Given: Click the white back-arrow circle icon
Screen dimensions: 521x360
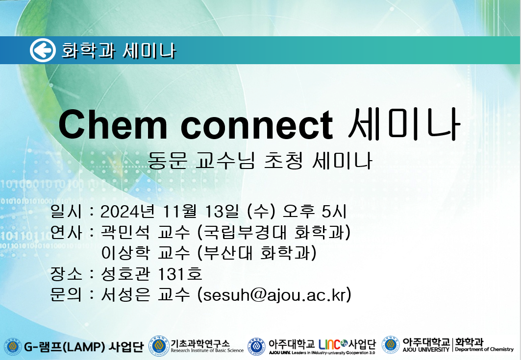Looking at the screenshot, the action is pyautogui.click(x=43, y=50).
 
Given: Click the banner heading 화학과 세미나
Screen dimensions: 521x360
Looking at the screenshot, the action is pyautogui.click(x=118, y=51).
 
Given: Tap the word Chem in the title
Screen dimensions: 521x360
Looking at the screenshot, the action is pyautogui.click(x=113, y=124).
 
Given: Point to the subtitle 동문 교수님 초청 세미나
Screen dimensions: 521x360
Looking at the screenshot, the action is pyautogui.click(x=259, y=160).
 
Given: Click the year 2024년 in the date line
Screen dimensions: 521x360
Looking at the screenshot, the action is pyautogui.click(x=127, y=212).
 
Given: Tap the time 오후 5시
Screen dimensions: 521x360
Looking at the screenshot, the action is pyautogui.click(x=314, y=212).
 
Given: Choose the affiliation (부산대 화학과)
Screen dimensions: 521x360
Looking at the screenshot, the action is pyautogui.click(x=257, y=253).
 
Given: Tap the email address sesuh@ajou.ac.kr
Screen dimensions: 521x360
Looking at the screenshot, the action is pyautogui.click(x=274, y=295).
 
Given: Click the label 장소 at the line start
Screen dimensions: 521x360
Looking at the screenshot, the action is pyautogui.click(x=66, y=274).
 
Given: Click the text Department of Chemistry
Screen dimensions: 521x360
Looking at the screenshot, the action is pyautogui.click(x=484, y=349).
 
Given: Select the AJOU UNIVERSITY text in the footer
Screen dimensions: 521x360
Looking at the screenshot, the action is pyautogui.click(x=426, y=349).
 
